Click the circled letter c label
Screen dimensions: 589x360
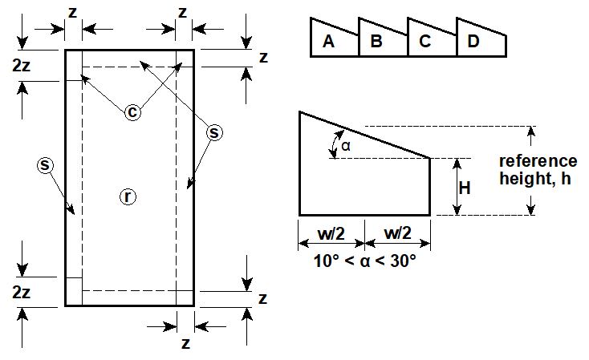click(x=132, y=112)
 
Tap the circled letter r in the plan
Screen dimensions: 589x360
click(x=128, y=196)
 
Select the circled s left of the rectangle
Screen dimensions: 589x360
click(x=45, y=165)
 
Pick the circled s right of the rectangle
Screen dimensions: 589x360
click(x=214, y=132)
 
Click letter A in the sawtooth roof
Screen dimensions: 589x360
click(x=329, y=41)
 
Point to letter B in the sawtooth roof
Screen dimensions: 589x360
click(x=376, y=41)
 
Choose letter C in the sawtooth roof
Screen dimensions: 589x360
click(x=424, y=41)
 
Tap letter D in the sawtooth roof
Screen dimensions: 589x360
click(x=473, y=41)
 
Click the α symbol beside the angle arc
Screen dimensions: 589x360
click(x=346, y=146)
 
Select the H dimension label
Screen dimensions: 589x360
click(x=465, y=188)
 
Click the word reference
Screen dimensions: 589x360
click(x=538, y=161)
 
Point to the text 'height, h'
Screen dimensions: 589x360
click(x=535, y=178)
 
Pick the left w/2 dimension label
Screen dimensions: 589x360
click(x=331, y=233)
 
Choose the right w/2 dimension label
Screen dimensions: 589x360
click(x=397, y=233)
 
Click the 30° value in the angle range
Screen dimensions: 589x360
click(x=403, y=261)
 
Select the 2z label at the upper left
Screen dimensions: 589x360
click(x=21, y=65)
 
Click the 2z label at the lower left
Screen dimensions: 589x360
click(x=21, y=292)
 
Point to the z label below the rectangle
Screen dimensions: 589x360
click(x=185, y=343)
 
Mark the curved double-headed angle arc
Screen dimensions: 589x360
click(x=332, y=144)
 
